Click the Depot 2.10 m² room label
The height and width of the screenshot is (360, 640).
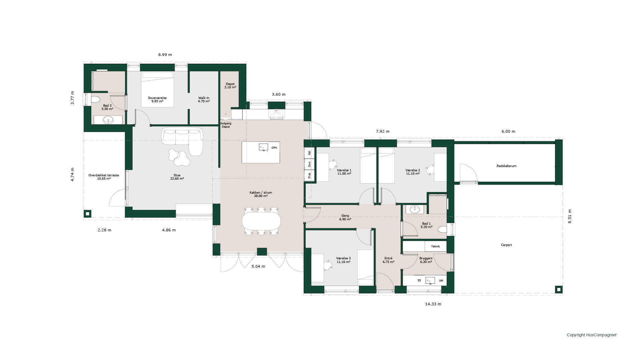(x=230, y=86)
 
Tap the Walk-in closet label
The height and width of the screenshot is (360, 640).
(x=204, y=99)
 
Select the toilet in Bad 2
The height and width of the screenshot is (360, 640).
(x=95, y=100)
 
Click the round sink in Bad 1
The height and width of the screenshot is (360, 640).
(x=415, y=209)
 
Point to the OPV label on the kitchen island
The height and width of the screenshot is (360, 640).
(x=274, y=148)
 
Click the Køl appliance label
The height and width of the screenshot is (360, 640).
(x=309, y=153)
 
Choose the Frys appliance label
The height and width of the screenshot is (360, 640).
(x=309, y=175)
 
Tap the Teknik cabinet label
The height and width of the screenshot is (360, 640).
(x=435, y=246)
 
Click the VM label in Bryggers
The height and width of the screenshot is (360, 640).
(x=441, y=281)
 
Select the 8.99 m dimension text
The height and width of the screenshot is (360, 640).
(x=165, y=55)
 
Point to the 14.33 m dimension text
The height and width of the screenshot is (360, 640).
(x=433, y=304)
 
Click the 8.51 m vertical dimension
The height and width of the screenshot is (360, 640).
(x=570, y=216)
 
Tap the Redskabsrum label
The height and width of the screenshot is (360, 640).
(x=506, y=166)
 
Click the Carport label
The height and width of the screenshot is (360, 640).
(x=506, y=245)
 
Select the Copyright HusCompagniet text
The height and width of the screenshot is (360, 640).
(x=592, y=335)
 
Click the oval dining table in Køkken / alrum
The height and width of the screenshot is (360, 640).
(x=261, y=221)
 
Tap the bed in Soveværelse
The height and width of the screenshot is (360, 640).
(x=157, y=89)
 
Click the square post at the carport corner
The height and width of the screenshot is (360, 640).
(x=558, y=289)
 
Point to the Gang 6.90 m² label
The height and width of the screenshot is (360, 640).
(x=345, y=217)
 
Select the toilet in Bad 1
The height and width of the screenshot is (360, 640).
(x=442, y=230)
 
